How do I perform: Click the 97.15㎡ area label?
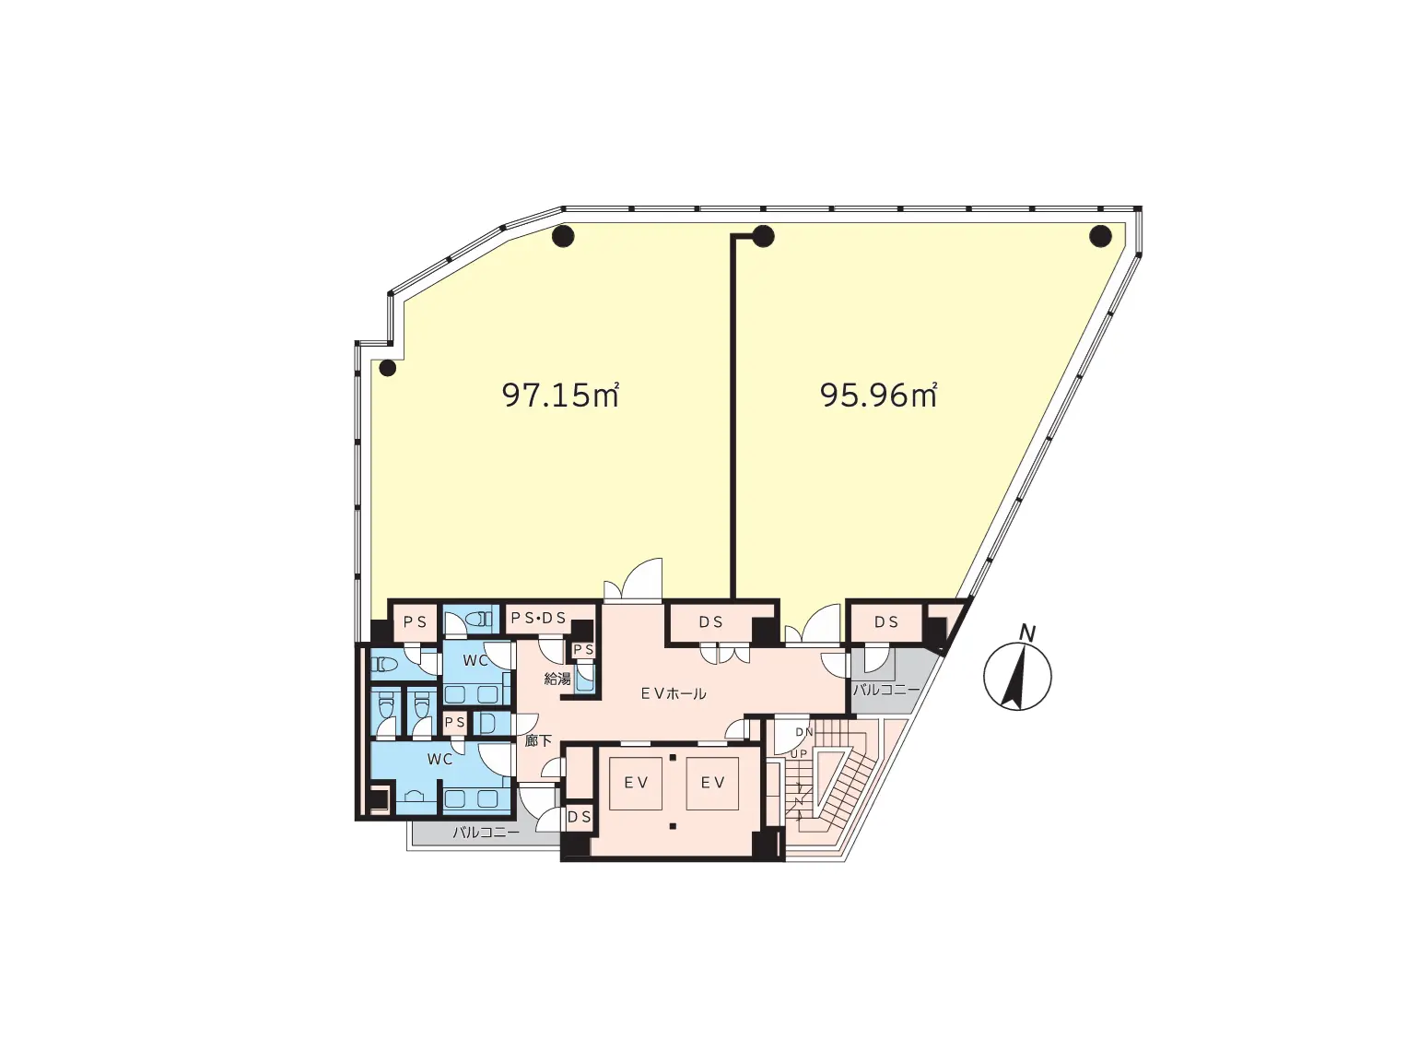click(560, 395)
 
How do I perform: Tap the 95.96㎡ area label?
click(878, 396)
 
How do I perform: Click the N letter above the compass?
click(1026, 632)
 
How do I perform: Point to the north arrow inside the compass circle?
click(1014, 677)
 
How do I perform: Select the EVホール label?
click(674, 693)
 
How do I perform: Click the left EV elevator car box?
click(635, 783)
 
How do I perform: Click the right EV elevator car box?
click(712, 783)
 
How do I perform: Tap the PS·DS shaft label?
click(538, 618)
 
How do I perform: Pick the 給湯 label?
click(557, 679)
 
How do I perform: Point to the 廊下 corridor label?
click(538, 740)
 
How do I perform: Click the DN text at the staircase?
click(803, 732)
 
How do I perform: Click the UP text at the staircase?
click(799, 754)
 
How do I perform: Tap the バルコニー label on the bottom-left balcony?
click(486, 833)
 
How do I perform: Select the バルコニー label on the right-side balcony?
click(886, 691)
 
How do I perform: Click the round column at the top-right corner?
click(1099, 236)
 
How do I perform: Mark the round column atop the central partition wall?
click(763, 236)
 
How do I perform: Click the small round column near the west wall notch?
click(387, 368)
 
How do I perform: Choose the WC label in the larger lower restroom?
click(439, 760)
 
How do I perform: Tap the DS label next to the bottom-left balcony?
click(580, 817)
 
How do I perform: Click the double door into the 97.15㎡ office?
click(632, 580)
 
